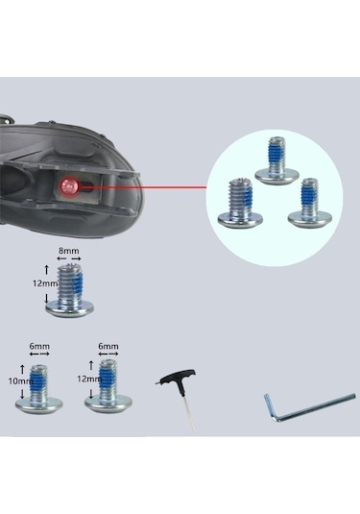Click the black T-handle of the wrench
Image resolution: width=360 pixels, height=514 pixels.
170,381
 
